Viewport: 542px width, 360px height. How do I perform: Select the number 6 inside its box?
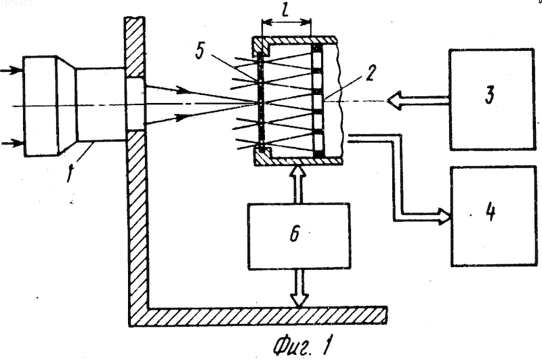click(295, 234)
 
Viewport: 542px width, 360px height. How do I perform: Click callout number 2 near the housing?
click(369, 73)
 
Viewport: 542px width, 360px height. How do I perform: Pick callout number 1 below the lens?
click(70, 172)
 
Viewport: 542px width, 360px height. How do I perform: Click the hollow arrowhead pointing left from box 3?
click(394, 100)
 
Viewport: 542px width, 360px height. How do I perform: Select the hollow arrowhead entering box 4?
click(444, 216)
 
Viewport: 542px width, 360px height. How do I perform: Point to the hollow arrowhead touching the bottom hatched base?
click(299, 300)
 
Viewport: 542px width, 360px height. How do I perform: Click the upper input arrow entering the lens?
click(11, 71)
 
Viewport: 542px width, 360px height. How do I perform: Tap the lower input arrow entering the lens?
click(12, 143)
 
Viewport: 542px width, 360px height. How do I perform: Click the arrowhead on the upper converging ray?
click(183, 91)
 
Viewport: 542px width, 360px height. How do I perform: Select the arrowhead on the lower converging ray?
click(183, 117)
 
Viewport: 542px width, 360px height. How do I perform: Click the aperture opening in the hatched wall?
click(135, 103)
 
